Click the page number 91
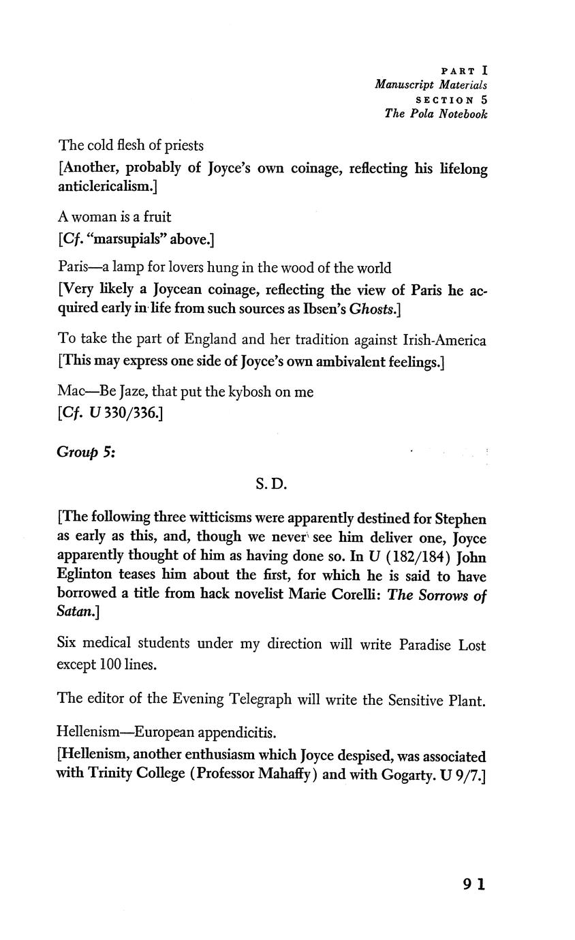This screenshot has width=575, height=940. [474, 884]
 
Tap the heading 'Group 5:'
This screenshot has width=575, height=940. [86, 452]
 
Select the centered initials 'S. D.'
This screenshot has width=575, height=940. [271, 485]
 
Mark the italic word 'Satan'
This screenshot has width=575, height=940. [76, 613]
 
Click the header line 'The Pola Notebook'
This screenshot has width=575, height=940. [436, 114]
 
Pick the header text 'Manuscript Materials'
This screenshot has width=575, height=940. [431, 85]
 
